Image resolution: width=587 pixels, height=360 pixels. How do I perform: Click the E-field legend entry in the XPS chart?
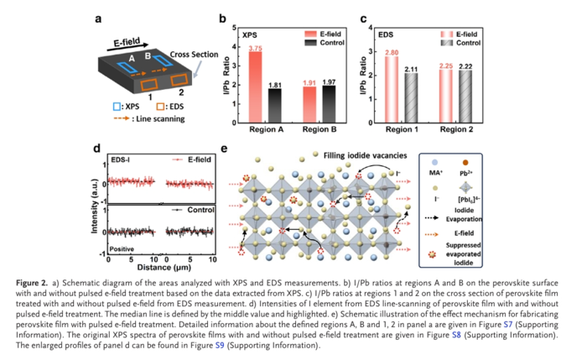332,31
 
